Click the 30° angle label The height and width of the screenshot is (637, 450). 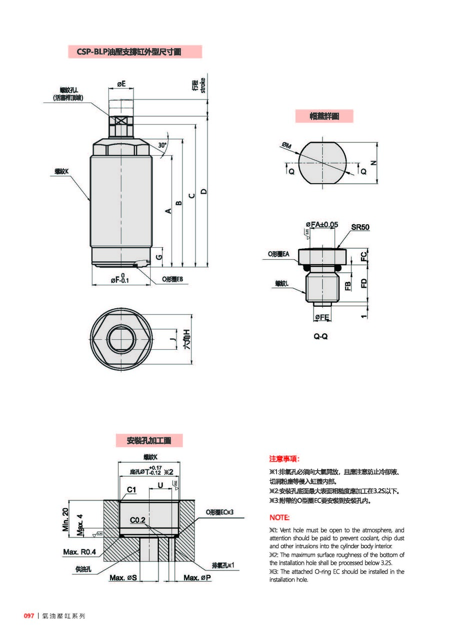pyautogui.click(x=162, y=145)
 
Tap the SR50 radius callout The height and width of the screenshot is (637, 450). pyautogui.click(x=360, y=227)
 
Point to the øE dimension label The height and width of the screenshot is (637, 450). pyautogui.click(x=121, y=84)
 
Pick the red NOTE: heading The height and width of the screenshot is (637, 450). pyautogui.click(x=279, y=517)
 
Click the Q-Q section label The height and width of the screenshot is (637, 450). pyautogui.click(x=320, y=337)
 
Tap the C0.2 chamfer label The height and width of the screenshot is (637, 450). pyautogui.click(x=137, y=520)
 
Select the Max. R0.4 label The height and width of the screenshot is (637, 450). pyautogui.click(x=79, y=552)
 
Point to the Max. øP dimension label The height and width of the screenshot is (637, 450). pyautogui.click(x=197, y=578)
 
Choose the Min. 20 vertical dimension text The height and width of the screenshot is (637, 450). pyautogui.click(x=65, y=521)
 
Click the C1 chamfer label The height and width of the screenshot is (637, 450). pyautogui.click(x=131, y=490)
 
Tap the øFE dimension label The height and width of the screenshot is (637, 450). pyautogui.click(x=321, y=317)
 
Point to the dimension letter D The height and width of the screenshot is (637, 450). pyautogui.click(x=203, y=191)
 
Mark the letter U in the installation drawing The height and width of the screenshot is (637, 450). pyautogui.click(x=160, y=485)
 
